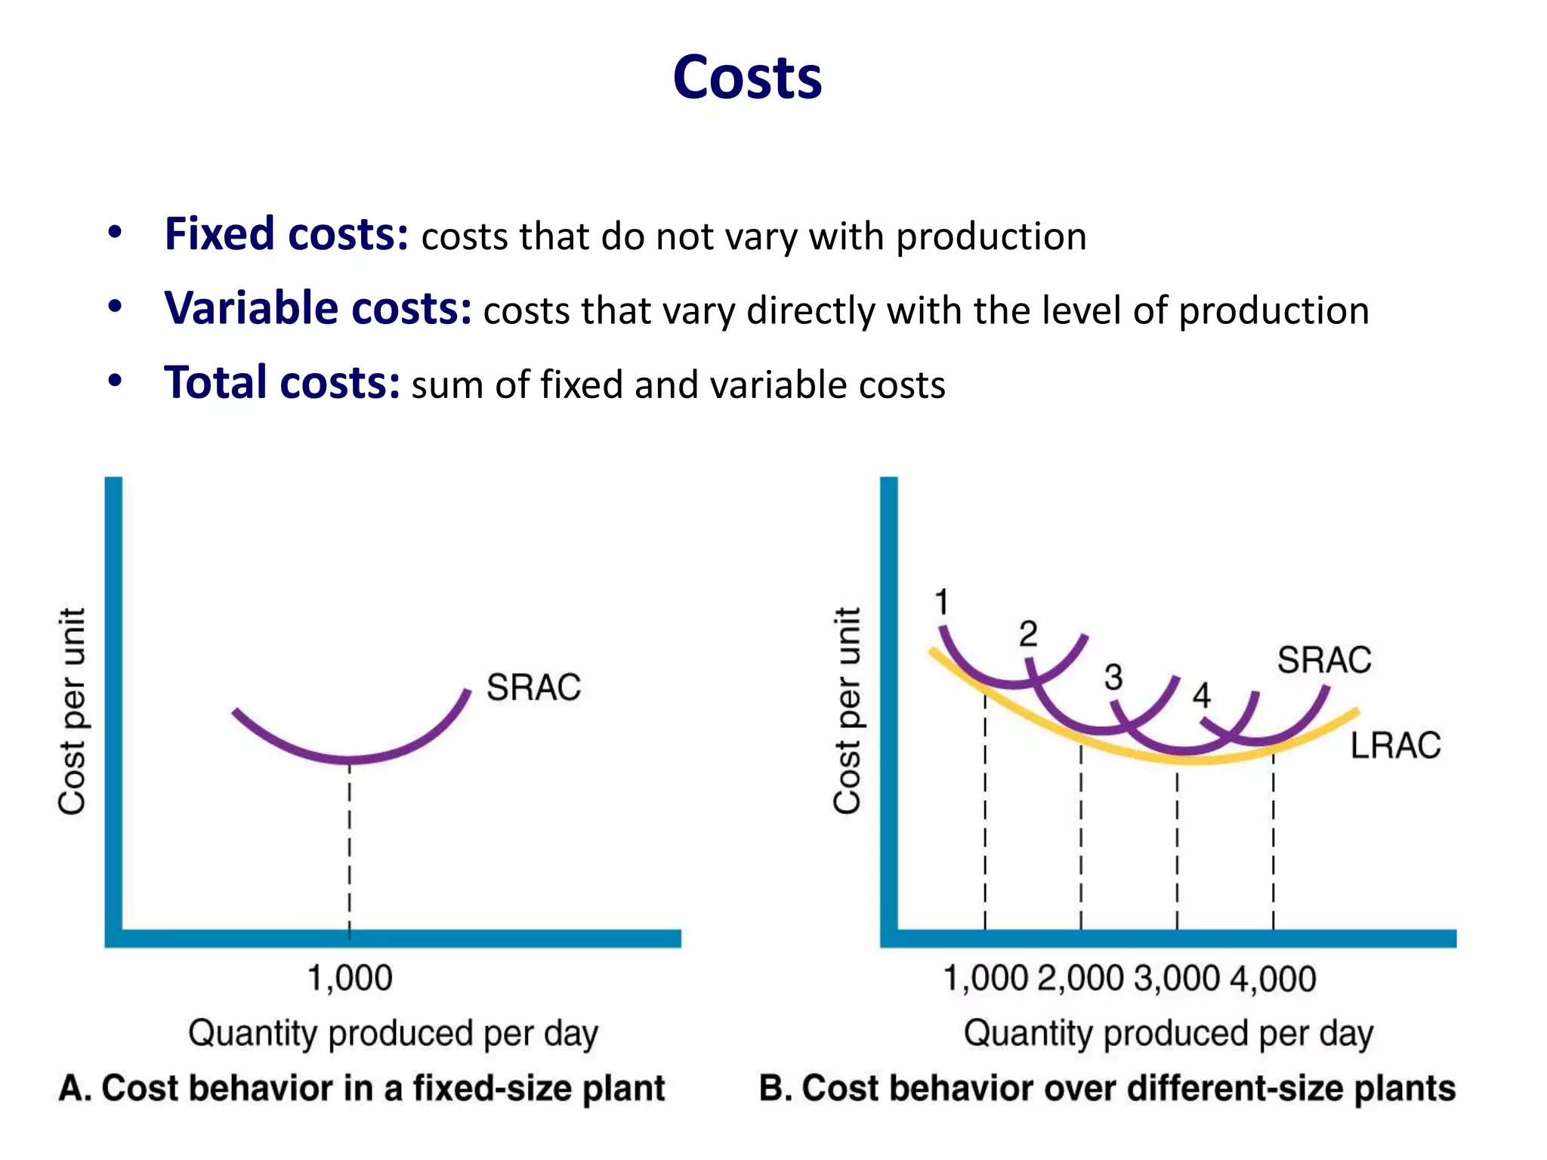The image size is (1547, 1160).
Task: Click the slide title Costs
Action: [x=747, y=78]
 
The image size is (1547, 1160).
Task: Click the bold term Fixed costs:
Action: [x=286, y=234]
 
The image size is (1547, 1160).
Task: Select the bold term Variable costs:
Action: [x=318, y=308]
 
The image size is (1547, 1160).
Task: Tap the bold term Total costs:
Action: [x=282, y=382]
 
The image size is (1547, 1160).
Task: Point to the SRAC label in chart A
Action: [x=533, y=687]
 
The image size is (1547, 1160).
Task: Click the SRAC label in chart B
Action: [x=1323, y=659]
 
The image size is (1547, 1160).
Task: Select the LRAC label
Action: [x=1395, y=745]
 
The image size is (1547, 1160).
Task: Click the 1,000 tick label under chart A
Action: [x=350, y=978]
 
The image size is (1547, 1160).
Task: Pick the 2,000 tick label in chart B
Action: [x=1080, y=978]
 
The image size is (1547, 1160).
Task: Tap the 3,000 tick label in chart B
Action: [x=1176, y=978]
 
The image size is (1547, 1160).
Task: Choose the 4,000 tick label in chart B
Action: [x=1273, y=978]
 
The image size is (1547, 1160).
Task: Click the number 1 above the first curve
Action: [x=941, y=602]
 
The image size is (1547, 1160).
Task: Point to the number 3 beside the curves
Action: [x=1113, y=677]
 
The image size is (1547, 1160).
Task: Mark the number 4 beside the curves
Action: [x=1201, y=695]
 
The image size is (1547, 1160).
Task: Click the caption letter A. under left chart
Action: [x=75, y=1088]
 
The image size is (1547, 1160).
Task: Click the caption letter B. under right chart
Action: [x=775, y=1088]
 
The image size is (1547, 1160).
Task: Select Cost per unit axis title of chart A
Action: [x=73, y=711]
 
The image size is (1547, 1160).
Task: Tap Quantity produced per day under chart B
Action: [x=1168, y=1033]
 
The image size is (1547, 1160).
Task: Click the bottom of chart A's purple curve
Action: [x=349, y=759]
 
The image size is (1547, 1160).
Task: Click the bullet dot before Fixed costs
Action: [x=115, y=233]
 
